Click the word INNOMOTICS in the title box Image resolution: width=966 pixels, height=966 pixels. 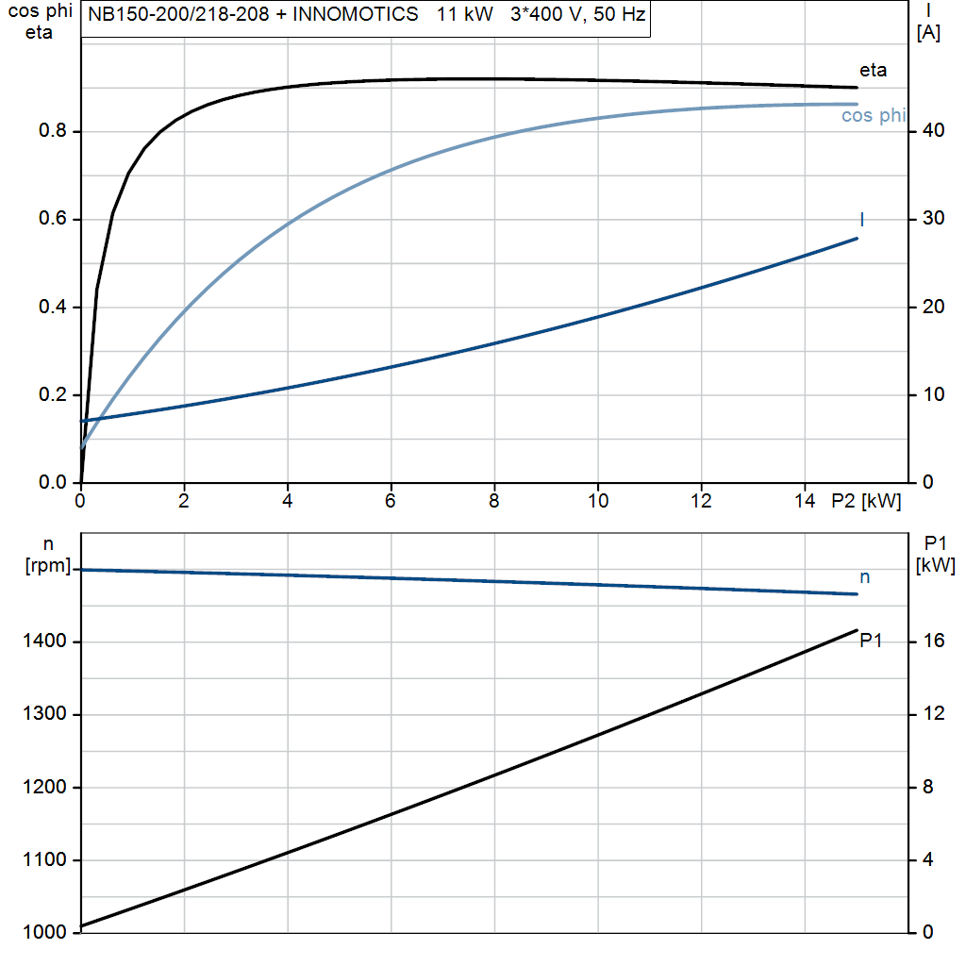[x=363, y=16]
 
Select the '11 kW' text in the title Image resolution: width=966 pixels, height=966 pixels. [x=463, y=16]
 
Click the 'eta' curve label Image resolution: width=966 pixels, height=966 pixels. [x=873, y=70]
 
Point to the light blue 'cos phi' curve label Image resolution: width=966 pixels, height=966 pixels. [x=874, y=116]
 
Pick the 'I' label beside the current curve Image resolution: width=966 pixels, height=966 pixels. [x=862, y=220]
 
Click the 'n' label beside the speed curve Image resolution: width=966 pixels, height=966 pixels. [x=865, y=577]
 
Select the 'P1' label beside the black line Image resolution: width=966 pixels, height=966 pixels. [x=871, y=641]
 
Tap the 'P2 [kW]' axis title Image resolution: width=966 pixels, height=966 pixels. [x=866, y=502]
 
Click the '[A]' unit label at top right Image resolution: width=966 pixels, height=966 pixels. [x=928, y=33]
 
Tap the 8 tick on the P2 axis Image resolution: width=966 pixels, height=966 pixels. [x=493, y=502]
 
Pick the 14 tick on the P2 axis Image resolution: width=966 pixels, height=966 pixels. [x=804, y=502]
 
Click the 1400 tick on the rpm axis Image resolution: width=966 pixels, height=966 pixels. [x=45, y=642]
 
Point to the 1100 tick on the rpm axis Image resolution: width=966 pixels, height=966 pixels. [x=45, y=860]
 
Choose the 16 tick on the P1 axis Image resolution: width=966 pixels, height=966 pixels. [x=933, y=642]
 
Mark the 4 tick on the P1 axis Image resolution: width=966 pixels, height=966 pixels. [x=928, y=860]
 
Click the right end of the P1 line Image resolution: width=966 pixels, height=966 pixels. [x=857, y=630]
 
